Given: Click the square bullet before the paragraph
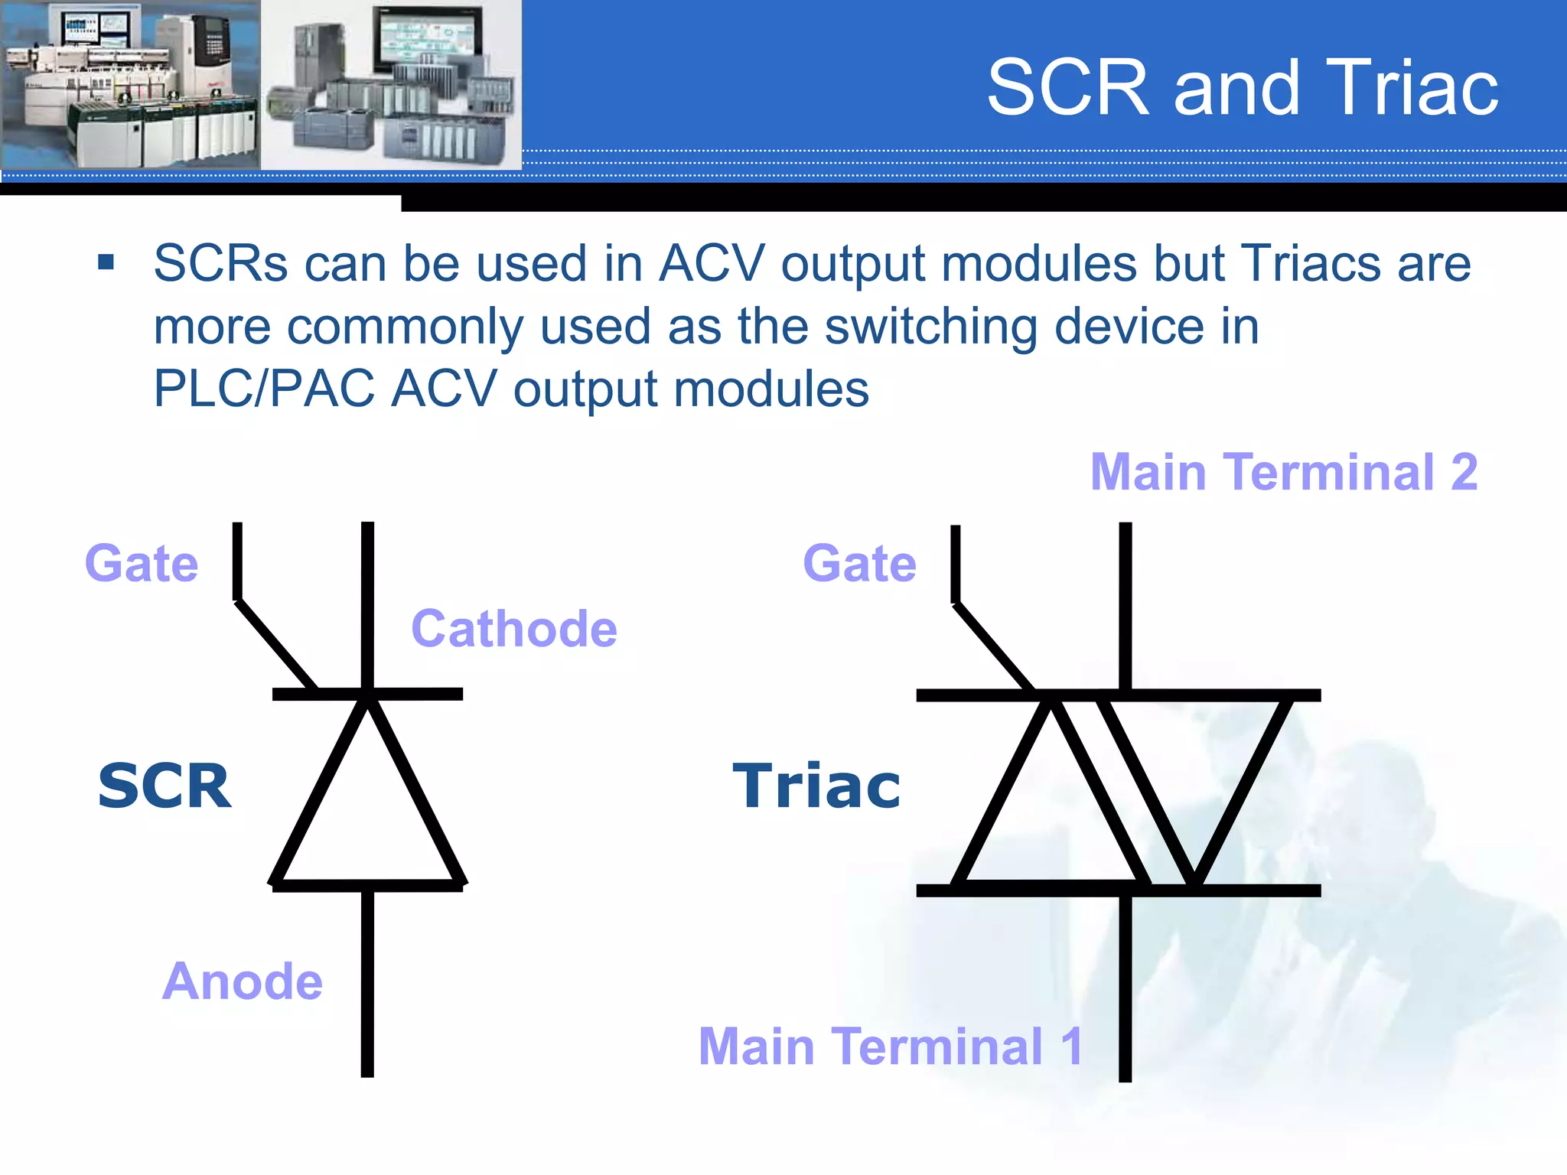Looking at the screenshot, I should point(106,263).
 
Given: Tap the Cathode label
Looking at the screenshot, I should point(513,629).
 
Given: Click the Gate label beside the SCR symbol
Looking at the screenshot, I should point(142,564).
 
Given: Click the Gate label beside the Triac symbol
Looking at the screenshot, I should point(859,564).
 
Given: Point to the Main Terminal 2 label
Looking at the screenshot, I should point(1283,472).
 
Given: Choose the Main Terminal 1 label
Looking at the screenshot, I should point(890,1046).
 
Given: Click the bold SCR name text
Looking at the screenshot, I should point(165,786).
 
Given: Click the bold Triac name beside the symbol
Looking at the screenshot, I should point(816,786).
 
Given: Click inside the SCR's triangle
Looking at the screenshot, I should point(367,819).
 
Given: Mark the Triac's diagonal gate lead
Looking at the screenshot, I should point(993,646).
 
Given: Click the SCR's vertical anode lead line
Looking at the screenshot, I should point(367,987).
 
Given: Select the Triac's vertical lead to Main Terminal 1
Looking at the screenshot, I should point(1125,994).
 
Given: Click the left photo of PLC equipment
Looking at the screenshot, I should point(130,84).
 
